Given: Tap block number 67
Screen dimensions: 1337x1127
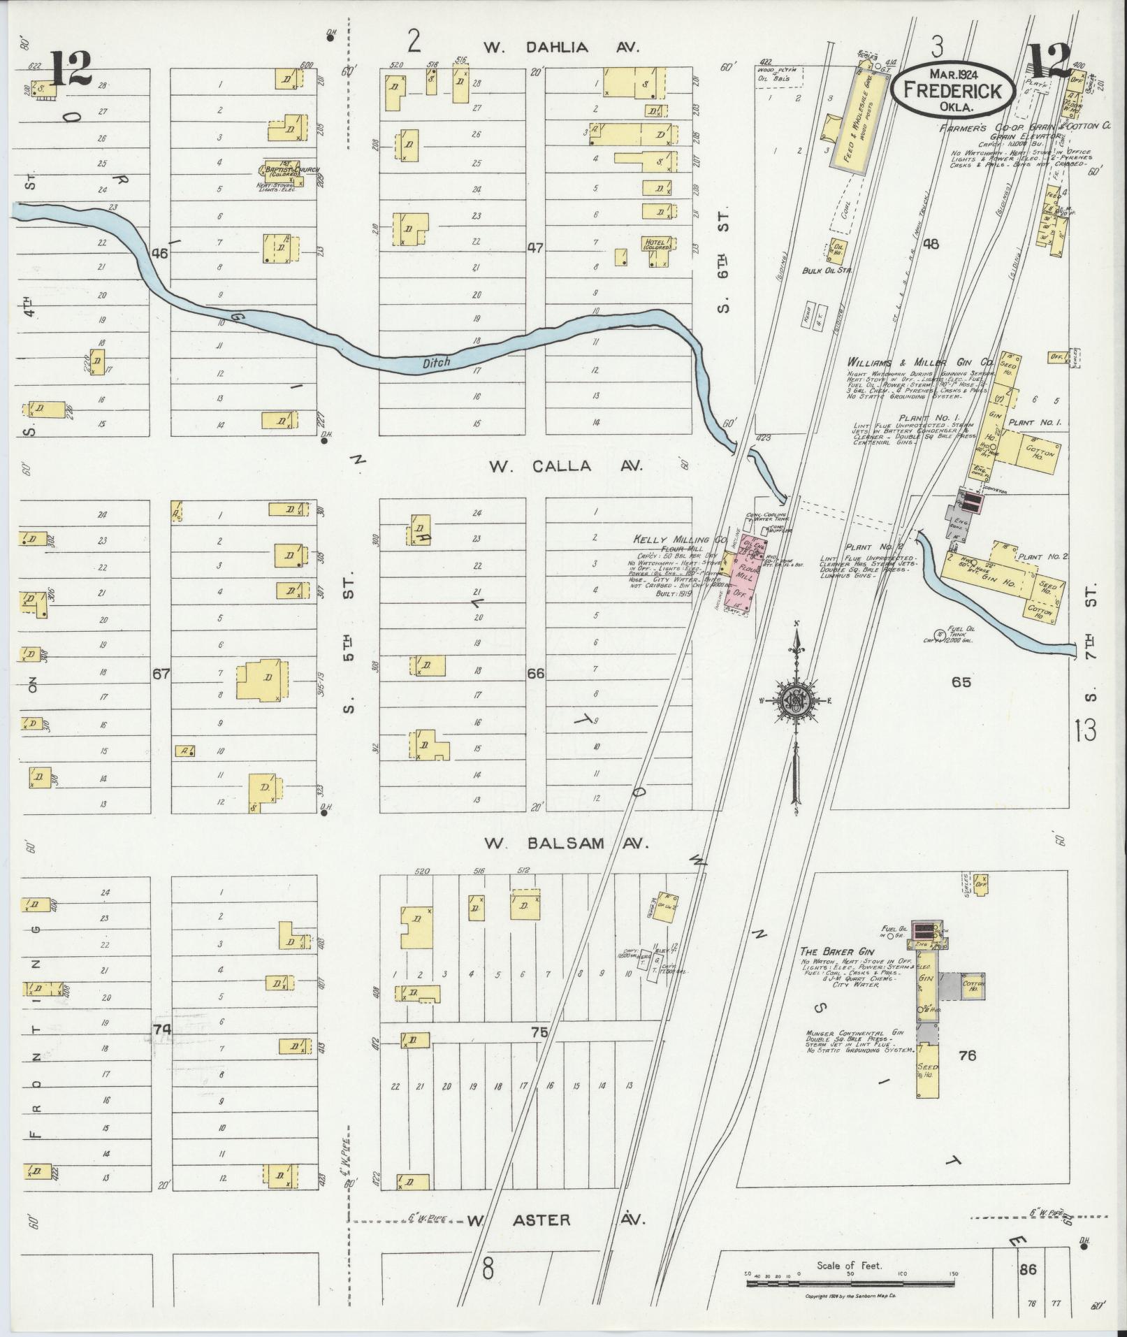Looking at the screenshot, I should (161, 674).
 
